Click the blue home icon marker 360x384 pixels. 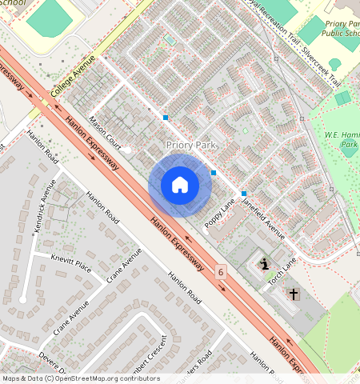[x=180, y=185]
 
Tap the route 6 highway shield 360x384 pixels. [x=221, y=273]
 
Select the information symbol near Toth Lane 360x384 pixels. [x=264, y=264]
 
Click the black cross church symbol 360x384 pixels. [x=293, y=294]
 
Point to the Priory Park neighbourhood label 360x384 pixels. [x=192, y=145]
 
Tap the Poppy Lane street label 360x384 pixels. [x=219, y=213]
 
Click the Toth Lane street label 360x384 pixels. [x=282, y=269]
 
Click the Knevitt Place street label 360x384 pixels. [x=70, y=265]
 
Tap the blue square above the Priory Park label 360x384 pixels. [x=166, y=118]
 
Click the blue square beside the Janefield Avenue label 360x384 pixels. [x=244, y=194]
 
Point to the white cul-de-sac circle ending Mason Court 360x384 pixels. [x=126, y=150]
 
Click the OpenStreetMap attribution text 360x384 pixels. [x=80, y=378]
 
